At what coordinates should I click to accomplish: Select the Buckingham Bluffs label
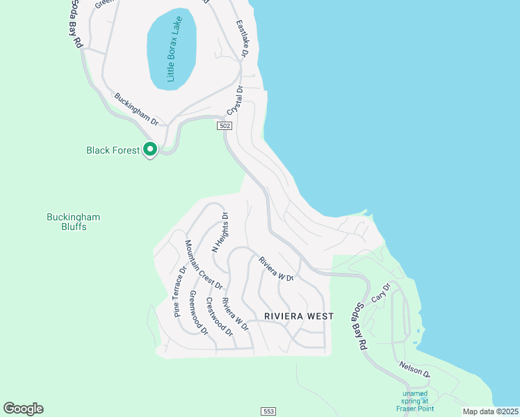click(73, 222)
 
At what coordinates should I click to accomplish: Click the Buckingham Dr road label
click(137, 109)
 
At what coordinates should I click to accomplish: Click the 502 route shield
click(224, 126)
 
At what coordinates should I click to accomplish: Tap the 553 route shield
click(269, 411)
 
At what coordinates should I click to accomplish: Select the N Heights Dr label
click(220, 232)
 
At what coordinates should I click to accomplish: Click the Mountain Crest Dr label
click(204, 264)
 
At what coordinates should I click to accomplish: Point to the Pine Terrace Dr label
click(180, 291)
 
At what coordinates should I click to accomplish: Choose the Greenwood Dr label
click(198, 312)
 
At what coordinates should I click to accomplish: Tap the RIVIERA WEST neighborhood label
click(299, 316)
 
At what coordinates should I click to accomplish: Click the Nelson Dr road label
click(415, 370)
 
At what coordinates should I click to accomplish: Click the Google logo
click(23, 409)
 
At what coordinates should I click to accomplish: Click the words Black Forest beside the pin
click(113, 149)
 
